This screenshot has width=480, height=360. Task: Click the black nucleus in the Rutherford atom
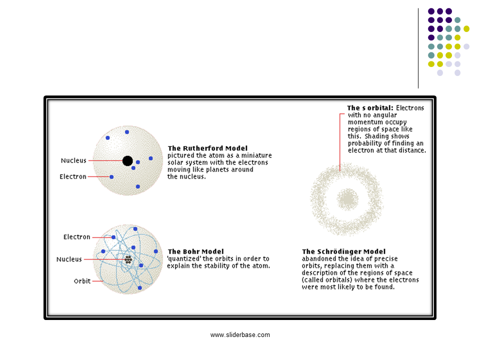click(x=127, y=160)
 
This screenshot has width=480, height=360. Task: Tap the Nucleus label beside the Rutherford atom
click(x=73, y=160)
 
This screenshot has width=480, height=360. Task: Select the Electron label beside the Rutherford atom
click(x=73, y=176)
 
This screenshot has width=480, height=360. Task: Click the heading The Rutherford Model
click(x=207, y=148)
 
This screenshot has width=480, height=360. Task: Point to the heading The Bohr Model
click(x=195, y=251)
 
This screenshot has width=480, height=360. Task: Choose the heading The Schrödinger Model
click(x=343, y=251)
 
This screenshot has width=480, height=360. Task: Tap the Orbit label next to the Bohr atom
click(x=82, y=281)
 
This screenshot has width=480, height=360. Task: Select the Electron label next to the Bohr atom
click(x=77, y=237)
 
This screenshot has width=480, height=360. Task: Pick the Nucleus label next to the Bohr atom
click(x=69, y=259)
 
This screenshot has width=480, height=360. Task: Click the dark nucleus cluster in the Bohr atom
click(x=128, y=259)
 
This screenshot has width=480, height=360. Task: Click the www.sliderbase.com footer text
click(x=240, y=335)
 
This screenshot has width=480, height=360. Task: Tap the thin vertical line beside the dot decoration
click(x=418, y=48)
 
